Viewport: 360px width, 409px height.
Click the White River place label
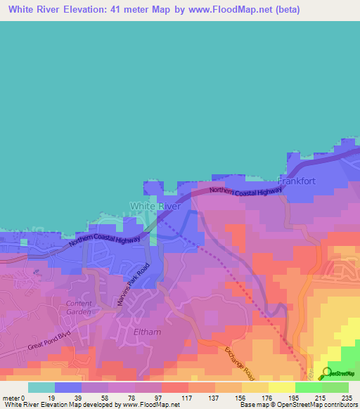point(155,206)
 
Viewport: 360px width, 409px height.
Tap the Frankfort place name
point(299,181)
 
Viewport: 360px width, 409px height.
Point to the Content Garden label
point(78,307)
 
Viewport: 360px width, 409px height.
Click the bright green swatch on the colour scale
point(308,387)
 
